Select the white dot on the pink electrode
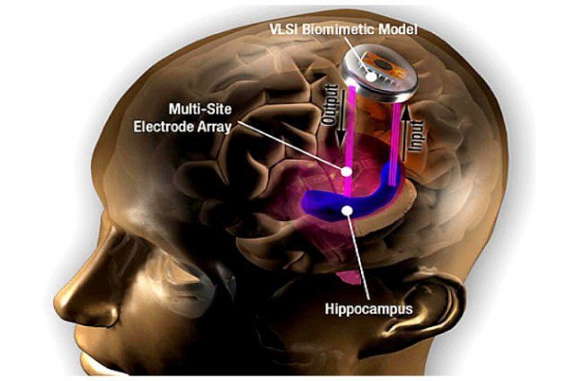click(344, 170)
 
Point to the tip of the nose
click(56, 295)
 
